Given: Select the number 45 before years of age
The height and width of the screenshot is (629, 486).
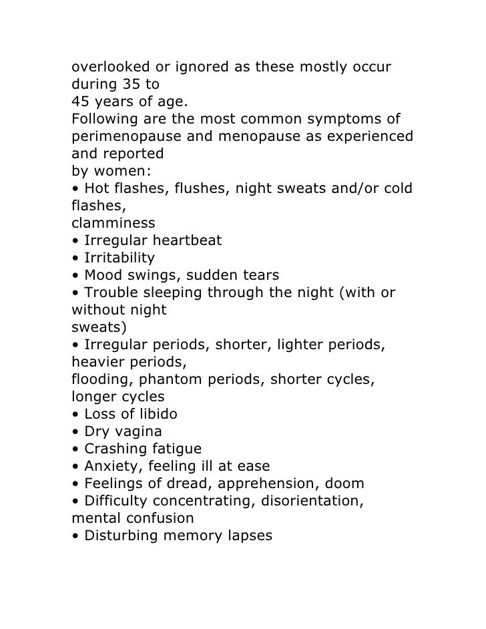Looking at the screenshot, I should [x=81, y=103].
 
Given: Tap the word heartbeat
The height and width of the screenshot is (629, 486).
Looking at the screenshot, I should [x=187, y=240].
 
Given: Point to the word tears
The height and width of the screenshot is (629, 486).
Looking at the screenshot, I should [x=259, y=275].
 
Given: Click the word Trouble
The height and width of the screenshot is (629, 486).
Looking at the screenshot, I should [x=109, y=292].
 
